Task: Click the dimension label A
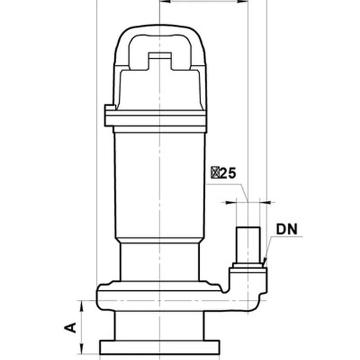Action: [x=70, y=328]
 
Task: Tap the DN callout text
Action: [x=287, y=229]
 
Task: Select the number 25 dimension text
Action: [x=227, y=173]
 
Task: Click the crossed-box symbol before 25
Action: [x=215, y=173]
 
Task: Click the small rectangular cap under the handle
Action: [x=160, y=56]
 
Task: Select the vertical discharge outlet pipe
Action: [x=248, y=245]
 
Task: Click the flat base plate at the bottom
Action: [x=160, y=347]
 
